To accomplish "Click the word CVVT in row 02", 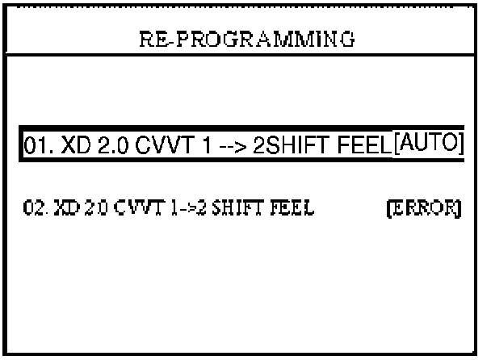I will pos(126,211).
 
